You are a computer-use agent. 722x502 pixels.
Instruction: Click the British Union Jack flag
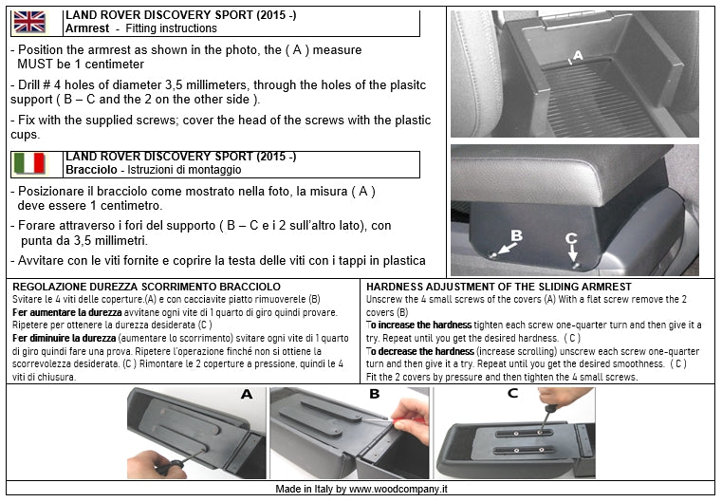[x=29, y=22]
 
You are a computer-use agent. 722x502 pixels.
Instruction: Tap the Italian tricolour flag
[x=29, y=163]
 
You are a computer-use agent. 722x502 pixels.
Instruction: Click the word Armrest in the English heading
[x=87, y=28]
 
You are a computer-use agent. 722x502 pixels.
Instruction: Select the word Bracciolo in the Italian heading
[x=91, y=170]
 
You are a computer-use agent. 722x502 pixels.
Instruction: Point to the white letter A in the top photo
[x=578, y=56]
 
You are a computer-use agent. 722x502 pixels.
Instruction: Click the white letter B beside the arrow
[x=517, y=235]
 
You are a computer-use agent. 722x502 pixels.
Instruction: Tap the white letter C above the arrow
[x=571, y=238]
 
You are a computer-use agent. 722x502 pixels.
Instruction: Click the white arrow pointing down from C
[x=572, y=252]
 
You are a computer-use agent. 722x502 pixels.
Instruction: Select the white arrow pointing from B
[x=507, y=249]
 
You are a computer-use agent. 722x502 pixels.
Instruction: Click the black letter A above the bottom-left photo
[x=247, y=394]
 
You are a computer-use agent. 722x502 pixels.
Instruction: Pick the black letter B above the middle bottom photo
[x=375, y=394]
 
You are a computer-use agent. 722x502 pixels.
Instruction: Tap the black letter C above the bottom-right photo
[x=512, y=393]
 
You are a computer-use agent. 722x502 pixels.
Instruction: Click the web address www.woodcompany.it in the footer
[x=398, y=489]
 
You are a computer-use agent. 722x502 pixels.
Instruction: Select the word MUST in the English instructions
[x=35, y=64]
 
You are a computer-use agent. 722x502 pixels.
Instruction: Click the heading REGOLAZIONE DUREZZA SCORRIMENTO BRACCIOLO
[x=146, y=287]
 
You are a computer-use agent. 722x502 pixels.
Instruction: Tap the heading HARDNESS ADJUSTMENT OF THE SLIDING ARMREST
[x=499, y=287]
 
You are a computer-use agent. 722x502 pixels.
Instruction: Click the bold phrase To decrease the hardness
[x=420, y=351]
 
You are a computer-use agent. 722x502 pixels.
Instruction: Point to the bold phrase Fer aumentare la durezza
[x=67, y=312]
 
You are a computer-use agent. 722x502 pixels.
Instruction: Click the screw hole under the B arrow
[x=493, y=255]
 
